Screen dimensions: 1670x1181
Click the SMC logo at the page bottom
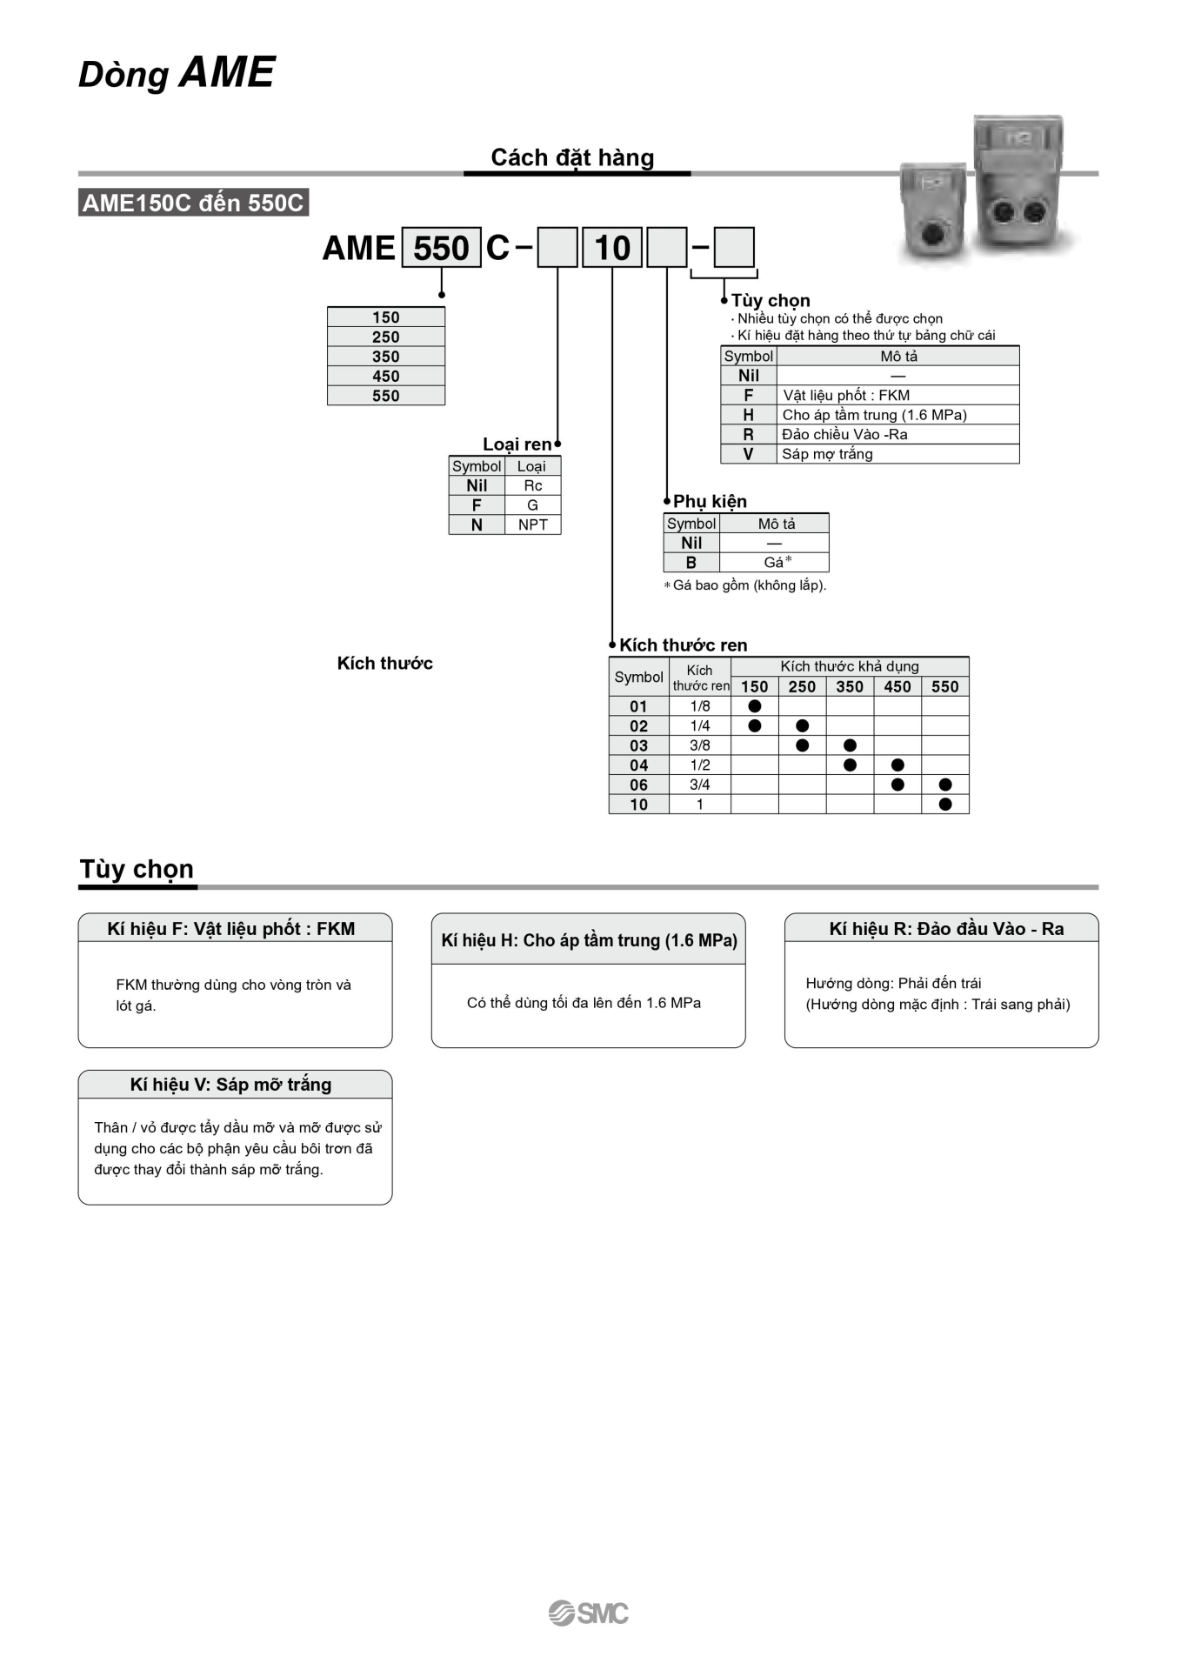pos(589,1613)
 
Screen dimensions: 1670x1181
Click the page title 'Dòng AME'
pos(177,73)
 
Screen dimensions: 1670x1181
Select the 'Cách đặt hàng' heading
pos(572,157)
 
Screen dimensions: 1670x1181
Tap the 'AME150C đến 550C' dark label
pos(193,203)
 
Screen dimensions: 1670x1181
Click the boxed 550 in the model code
pos(441,248)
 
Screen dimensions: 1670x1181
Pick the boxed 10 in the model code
pos(612,248)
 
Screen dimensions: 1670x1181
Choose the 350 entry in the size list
pos(386,357)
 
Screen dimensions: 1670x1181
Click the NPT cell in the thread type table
pos(532,524)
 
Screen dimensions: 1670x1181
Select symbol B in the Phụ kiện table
pos(691,563)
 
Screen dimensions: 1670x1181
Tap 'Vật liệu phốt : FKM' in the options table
pos(846,395)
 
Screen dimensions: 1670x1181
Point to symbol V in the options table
pos(748,454)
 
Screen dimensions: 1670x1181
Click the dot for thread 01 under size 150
pos(755,706)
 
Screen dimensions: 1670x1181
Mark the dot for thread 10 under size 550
pos(945,805)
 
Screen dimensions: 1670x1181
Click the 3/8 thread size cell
pos(700,745)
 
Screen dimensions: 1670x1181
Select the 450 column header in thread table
pos(897,687)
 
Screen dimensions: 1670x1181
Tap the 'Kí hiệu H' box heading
pos(589,940)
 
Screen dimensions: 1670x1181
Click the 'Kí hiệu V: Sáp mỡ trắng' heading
pos(230,1085)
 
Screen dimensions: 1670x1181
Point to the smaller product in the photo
pos(933,213)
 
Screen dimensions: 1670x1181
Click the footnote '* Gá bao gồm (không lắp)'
pos(746,585)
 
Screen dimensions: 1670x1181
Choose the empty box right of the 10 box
pos(667,248)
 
